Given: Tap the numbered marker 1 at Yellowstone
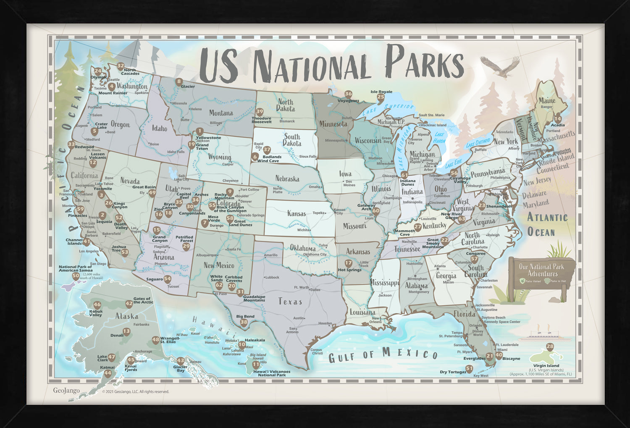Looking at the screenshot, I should point(199,132).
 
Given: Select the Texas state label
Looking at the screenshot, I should point(290,302).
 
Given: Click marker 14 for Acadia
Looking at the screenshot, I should point(558,118).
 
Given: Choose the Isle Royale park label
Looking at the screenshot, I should point(381,92).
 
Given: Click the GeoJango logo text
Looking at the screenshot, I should point(66,391).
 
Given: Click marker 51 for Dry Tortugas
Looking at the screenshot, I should point(469,369).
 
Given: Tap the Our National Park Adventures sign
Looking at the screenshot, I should point(541,271).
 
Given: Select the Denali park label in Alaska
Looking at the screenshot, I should point(117,336).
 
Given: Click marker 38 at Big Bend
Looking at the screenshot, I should point(244,323).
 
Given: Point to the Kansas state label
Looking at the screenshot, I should point(297,213).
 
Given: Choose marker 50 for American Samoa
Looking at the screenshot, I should point(76,276).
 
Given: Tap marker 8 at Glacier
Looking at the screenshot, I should point(179,82).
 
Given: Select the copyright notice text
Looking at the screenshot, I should point(135,392).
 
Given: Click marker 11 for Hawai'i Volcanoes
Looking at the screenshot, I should point(256,365).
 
